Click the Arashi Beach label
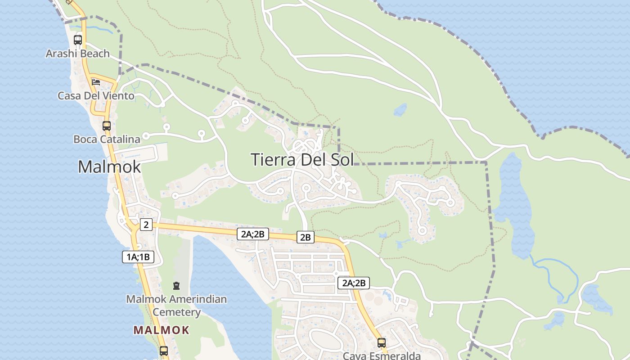coord(77,54)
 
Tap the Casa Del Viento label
coord(96,96)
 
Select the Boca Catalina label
coord(107,139)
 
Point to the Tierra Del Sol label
coord(302,160)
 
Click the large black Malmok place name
coord(109,167)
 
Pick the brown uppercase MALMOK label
coord(161,330)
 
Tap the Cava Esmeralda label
coord(382,356)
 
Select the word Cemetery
coord(176,312)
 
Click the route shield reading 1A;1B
coord(138,257)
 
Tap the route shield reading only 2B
coord(306,237)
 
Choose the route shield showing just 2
coord(146,224)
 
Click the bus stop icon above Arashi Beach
coord(78,40)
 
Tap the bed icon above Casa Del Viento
coord(96,82)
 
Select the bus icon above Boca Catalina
coord(107,126)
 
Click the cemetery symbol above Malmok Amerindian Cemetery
coord(176,285)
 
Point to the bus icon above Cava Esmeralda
coord(382,343)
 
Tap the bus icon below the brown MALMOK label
coord(164,351)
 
